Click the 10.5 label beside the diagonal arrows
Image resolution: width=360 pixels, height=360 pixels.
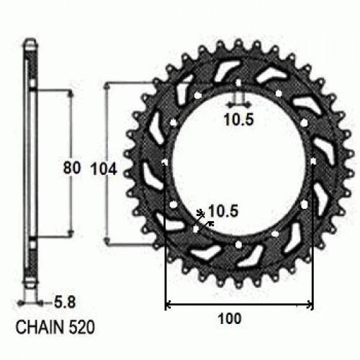coord(222,211)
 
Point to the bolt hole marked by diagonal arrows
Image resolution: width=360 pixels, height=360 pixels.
coord(197,230)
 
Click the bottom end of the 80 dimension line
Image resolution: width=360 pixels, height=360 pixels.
coord(71,236)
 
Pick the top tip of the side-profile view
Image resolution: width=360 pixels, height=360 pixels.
coord(30,39)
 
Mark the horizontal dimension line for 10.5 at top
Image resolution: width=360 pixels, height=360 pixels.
coord(238,104)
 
